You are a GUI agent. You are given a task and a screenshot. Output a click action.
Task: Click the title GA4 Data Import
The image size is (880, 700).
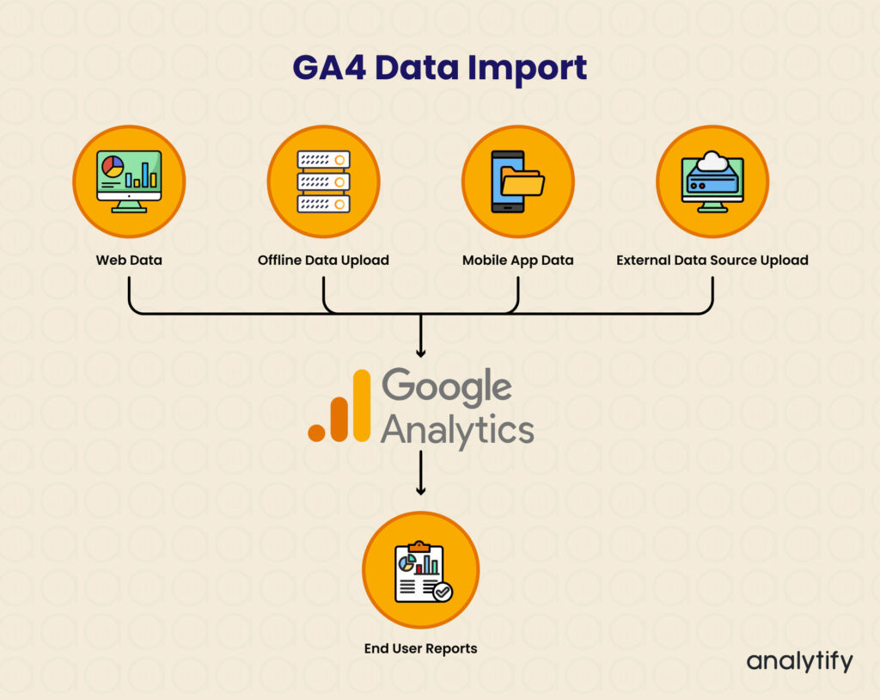click(x=439, y=69)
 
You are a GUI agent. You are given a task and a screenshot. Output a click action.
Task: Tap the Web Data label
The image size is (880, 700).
click(x=129, y=260)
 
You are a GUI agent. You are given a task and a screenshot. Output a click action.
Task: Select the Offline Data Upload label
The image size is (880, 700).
click(x=323, y=260)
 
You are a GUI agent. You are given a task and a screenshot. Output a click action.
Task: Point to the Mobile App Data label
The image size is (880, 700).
click(x=518, y=261)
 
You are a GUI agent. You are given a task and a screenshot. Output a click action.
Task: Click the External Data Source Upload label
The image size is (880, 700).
click(x=712, y=261)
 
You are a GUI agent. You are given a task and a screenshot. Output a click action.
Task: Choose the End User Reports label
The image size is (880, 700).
click(x=421, y=649)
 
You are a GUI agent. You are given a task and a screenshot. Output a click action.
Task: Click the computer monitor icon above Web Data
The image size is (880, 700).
click(x=129, y=181)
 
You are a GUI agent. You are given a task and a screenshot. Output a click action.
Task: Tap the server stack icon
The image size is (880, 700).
click(x=323, y=181)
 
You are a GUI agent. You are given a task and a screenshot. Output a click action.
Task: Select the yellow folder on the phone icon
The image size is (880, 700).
click(x=522, y=181)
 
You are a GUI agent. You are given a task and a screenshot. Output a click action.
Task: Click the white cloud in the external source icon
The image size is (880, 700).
click(x=712, y=161)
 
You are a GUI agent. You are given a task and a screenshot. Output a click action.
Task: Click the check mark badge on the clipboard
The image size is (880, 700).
click(x=443, y=592)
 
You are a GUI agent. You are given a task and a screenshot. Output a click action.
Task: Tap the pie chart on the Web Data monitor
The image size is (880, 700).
click(x=113, y=167)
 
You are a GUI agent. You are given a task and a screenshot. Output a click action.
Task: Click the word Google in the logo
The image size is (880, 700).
click(x=447, y=387)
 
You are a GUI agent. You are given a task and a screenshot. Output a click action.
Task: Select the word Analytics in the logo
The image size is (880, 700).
click(x=457, y=430)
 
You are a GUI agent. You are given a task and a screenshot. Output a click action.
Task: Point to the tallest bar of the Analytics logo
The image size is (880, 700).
click(x=362, y=405)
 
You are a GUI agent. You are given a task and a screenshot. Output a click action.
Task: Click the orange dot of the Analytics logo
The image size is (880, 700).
click(x=316, y=433)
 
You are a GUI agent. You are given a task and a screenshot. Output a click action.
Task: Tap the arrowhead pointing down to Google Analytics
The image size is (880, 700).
click(x=421, y=353)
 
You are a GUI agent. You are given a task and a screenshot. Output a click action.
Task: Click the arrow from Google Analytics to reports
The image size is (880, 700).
click(x=421, y=473)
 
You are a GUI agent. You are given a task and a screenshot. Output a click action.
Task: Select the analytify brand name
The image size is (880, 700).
click(x=800, y=661)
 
